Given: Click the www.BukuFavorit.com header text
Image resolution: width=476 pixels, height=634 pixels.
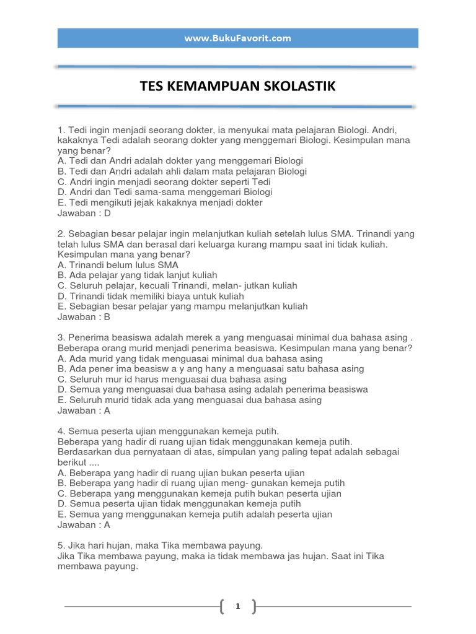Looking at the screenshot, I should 237,38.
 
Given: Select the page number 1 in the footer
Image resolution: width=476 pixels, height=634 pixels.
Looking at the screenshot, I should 237,607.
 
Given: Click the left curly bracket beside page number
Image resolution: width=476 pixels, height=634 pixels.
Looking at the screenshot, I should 223,607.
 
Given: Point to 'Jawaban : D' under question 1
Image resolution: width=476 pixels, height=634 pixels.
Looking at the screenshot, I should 84,213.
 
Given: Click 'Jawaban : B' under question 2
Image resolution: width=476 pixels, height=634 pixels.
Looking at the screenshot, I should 84,316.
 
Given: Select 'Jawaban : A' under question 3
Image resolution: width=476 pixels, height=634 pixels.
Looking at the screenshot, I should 84,410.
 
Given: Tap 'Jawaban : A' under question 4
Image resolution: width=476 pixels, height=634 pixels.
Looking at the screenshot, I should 84,524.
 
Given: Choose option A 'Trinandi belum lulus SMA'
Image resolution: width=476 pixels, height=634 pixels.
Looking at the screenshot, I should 118,265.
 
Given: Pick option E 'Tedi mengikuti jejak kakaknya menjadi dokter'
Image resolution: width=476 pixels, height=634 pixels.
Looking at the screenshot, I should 160,202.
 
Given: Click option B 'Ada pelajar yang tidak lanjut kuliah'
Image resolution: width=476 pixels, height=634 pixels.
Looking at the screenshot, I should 137,275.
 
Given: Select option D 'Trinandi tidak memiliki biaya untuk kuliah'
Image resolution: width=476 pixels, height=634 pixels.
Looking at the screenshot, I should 151,296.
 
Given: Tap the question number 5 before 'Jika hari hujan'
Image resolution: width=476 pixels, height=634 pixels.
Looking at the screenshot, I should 60,545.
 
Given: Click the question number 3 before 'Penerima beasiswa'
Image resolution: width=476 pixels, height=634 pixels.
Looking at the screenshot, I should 60,337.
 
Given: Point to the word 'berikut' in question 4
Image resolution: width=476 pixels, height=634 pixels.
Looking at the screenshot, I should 71,462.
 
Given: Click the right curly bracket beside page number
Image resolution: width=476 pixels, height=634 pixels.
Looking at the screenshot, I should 253,607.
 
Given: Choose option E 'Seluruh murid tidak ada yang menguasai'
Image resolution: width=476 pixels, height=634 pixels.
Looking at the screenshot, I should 189,400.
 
